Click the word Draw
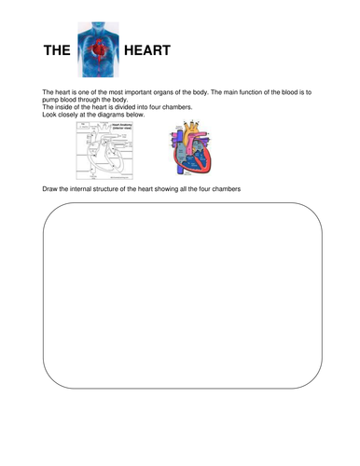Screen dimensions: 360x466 click(51, 190)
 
